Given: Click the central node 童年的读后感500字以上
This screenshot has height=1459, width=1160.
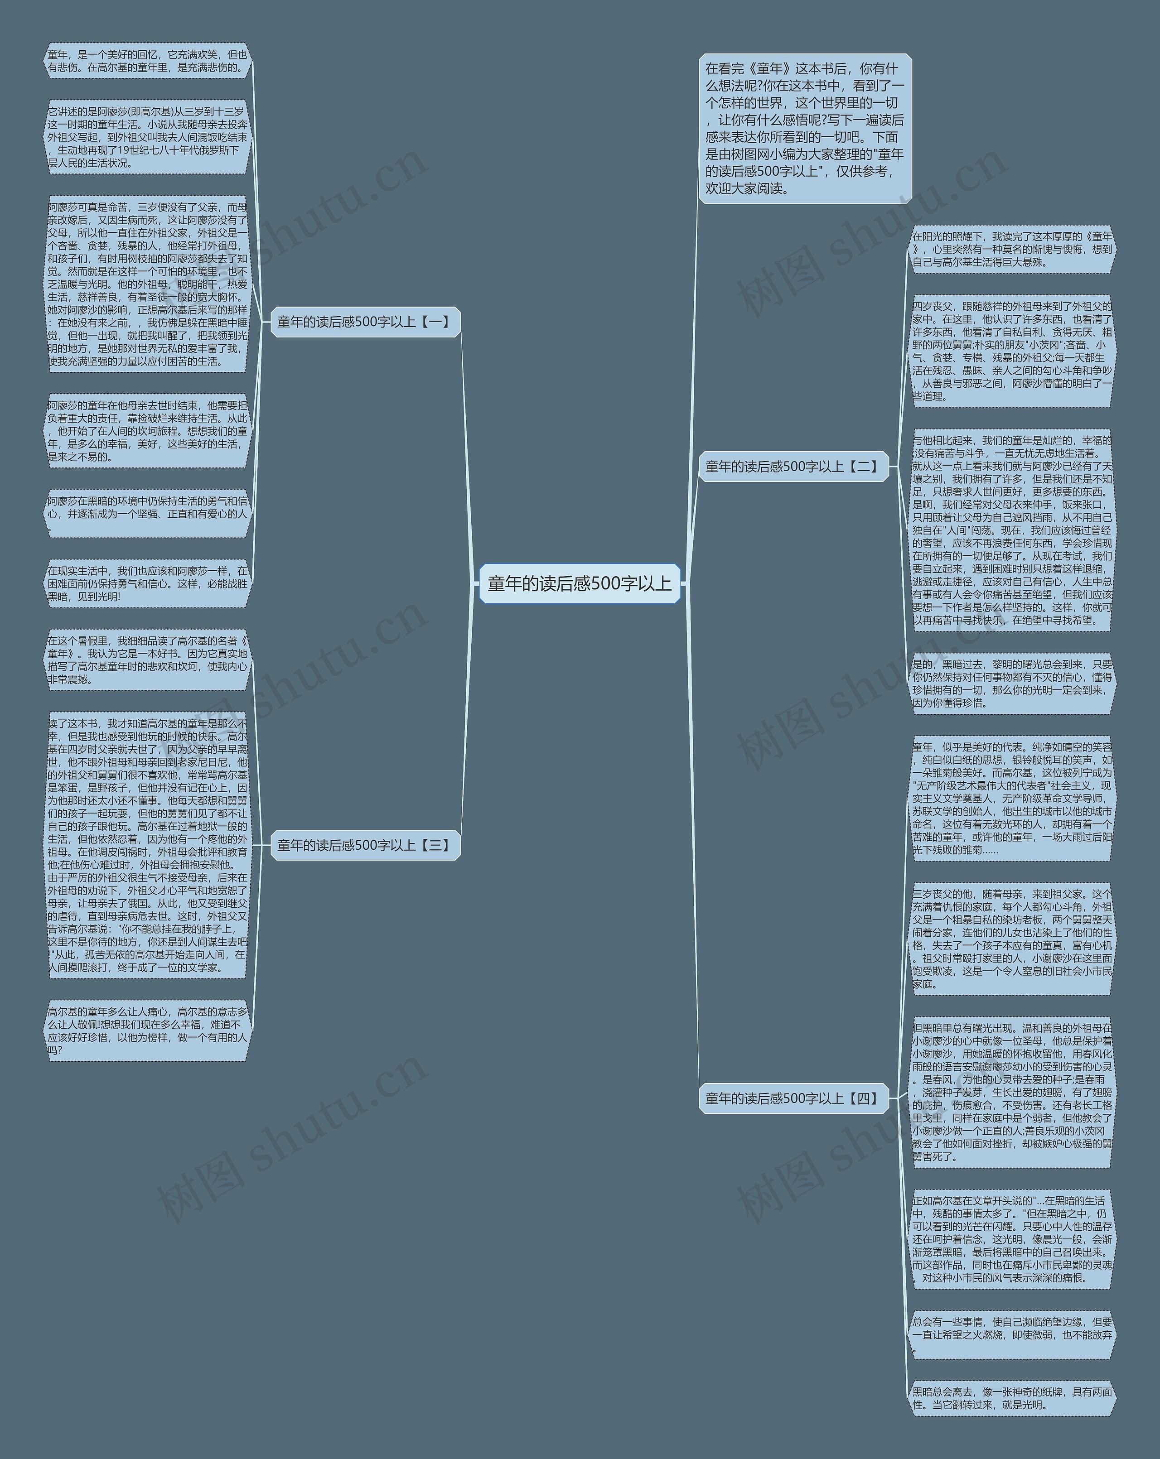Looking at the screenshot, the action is pyautogui.click(x=580, y=583).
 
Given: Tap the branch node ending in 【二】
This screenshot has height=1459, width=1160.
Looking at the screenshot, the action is pyautogui.click(x=793, y=466).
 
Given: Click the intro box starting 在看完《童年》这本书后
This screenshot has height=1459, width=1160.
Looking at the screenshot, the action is pyautogui.click(x=805, y=129).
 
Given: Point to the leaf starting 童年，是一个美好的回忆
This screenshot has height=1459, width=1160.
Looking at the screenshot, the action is pyautogui.click(x=148, y=61).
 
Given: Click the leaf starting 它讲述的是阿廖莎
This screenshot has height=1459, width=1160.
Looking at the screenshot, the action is pyautogui.click(x=148, y=137).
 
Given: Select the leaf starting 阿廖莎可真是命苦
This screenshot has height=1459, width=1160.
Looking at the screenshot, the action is pyautogui.click(x=148, y=284).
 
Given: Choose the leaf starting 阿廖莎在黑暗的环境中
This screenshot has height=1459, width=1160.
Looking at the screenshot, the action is pyautogui.click(x=148, y=513).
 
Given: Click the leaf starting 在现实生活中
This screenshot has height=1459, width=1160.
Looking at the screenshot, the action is pyautogui.click(x=148, y=583).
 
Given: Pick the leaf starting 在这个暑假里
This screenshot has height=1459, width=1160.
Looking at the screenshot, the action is pyautogui.click(x=148, y=660).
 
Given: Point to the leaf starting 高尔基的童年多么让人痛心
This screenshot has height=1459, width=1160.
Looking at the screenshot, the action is pyautogui.click(x=148, y=1030).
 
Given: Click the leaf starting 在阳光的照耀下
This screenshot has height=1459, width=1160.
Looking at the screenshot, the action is pyautogui.click(x=1012, y=250).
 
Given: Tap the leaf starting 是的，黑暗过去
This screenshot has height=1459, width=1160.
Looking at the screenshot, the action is pyautogui.click(x=1012, y=684).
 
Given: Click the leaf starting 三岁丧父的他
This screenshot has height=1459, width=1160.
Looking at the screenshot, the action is pyautogui.click(x=1012, y=939).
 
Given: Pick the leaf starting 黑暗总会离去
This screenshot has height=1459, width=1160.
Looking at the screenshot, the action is pyautogui.click(x=1012, y=1398).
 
